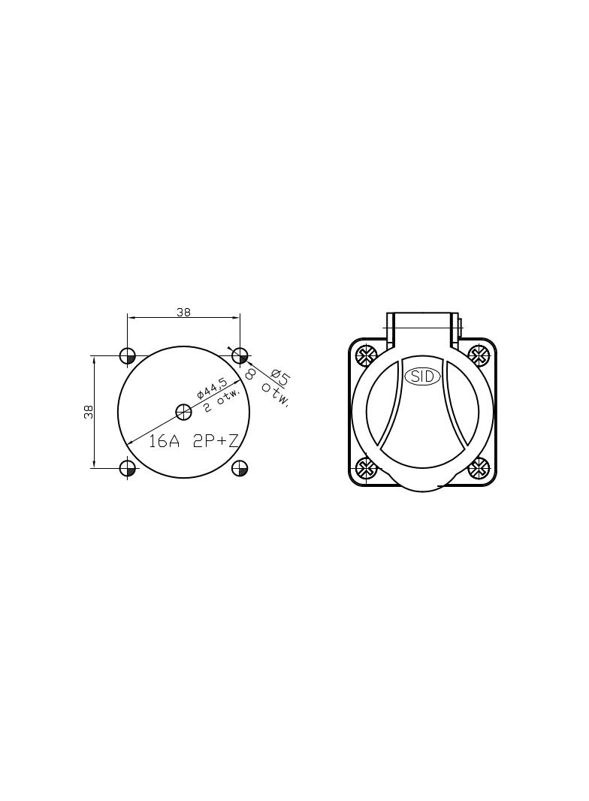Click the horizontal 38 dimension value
click(183, 312)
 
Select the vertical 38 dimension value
click(89, 412)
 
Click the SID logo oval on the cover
click(422, 376)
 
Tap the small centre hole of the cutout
click(183, 411)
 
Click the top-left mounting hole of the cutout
click(128, 355)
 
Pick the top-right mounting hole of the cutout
click(240, 355)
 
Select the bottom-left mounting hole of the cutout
click(128, 468)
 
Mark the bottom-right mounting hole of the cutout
click(240, 468)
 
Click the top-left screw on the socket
click(367, 354)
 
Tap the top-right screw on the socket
click(479, 354)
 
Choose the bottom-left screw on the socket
click(367, 469)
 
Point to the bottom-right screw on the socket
click(479, 469)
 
